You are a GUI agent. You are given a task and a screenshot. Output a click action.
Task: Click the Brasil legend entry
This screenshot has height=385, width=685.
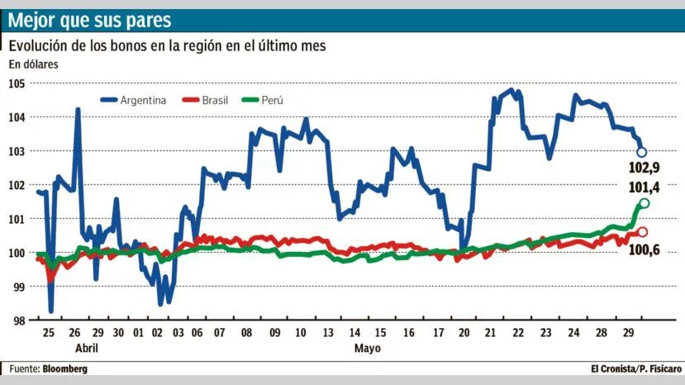click(210, 100)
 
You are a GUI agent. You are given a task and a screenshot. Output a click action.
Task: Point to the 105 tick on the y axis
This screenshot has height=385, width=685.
click(17, 83)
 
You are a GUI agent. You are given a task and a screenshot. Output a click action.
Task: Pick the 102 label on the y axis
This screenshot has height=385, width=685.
click(17, 185)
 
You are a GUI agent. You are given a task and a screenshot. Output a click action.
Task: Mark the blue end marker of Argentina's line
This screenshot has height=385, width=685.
click(642, 152)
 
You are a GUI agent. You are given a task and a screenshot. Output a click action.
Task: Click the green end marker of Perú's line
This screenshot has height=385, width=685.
click(645, 203)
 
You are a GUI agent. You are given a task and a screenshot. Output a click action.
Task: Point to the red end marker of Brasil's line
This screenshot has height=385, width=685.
click(642, 232)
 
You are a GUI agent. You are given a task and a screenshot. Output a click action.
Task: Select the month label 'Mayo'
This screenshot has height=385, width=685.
click(367, 349)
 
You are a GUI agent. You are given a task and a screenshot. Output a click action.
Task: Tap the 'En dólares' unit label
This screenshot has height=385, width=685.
click(34, 64)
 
